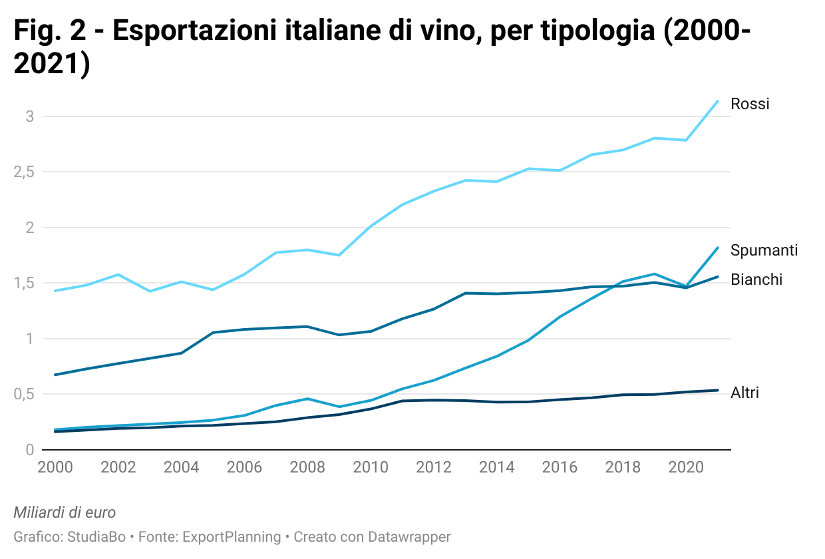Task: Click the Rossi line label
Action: click(x=750, y=104)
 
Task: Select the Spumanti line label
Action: click(x=764, y=250)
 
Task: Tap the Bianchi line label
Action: click(x=756, y=279)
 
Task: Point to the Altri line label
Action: click(x=744, y=393)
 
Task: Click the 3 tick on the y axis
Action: click(x=29, y=116)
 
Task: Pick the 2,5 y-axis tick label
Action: click(x=23, y=172)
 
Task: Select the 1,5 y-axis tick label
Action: click(x=23, y=283)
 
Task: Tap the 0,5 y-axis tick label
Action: click(x=23, y=395)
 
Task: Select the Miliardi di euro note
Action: click(x=65, y=512)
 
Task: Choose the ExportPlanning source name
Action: click(x=232, y=536)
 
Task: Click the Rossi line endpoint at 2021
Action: click(x=717, y=101)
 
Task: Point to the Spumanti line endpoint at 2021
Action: click(x=717, y=248)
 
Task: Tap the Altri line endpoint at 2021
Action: click(x=717, y=390)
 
